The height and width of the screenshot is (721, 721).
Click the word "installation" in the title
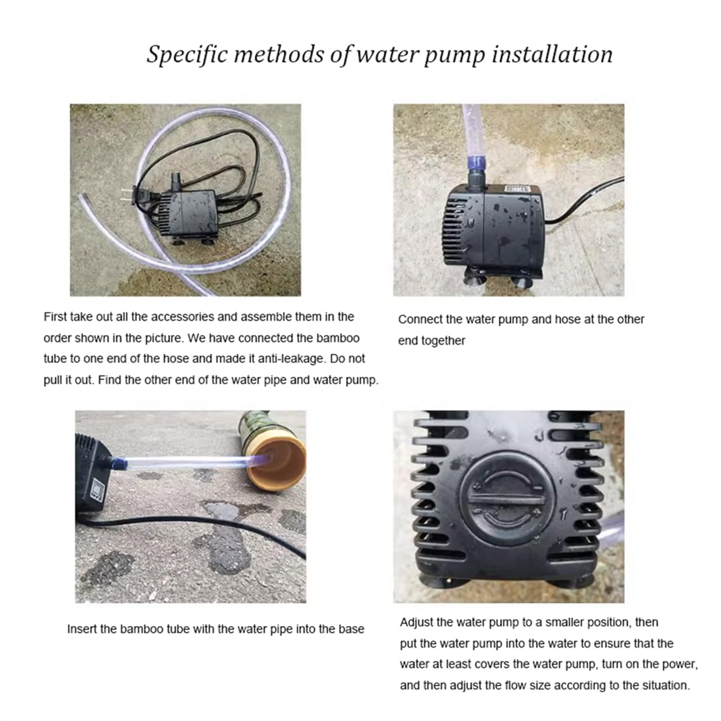click(x=553, y=54)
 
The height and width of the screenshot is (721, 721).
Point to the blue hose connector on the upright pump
click(x=476, y=162)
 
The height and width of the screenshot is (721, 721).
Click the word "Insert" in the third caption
click(x=81, y=629)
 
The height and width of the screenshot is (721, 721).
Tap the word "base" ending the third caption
click(x=351, y=629)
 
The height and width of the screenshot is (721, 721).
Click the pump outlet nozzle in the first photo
click(x=175, y=181)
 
